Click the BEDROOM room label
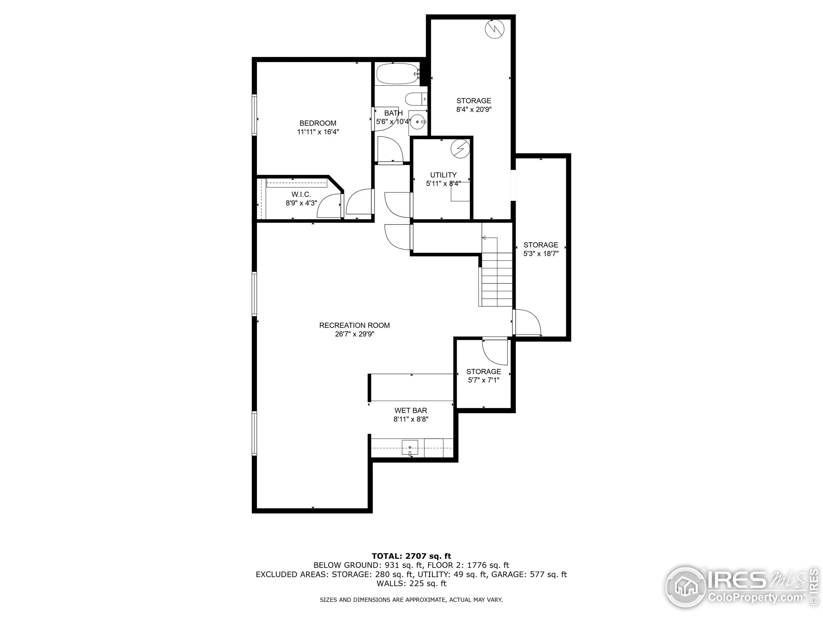(x=318, y=123)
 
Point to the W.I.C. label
(x=301, y=194)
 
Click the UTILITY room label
(x=443, y=175)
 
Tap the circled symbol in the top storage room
(x=495, y=28)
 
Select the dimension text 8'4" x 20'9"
(x=474, y=109)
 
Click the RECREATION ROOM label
(x=354, y=326)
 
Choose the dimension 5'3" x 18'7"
(x=541, y=254)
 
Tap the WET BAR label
(x=411, y=411)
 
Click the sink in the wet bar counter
(x=410, y=447)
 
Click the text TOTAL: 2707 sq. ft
(x=411, y=556)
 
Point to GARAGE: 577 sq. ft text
(x=529, y=575)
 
